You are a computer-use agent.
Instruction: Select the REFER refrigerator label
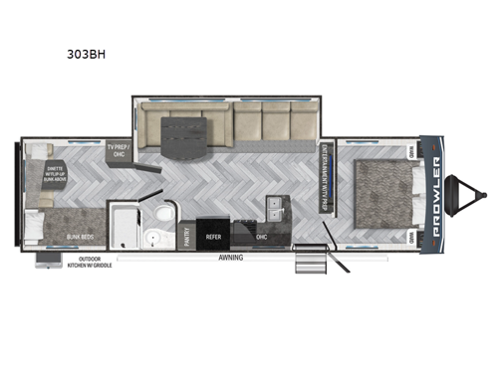tap(213, 237)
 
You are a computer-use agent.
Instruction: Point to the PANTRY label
tap(186, 235)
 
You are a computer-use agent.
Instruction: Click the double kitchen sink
tap(273, 207)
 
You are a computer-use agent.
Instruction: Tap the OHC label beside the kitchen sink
tap(261, 238)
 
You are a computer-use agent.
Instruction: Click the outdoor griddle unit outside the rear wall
tap(46, 261)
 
